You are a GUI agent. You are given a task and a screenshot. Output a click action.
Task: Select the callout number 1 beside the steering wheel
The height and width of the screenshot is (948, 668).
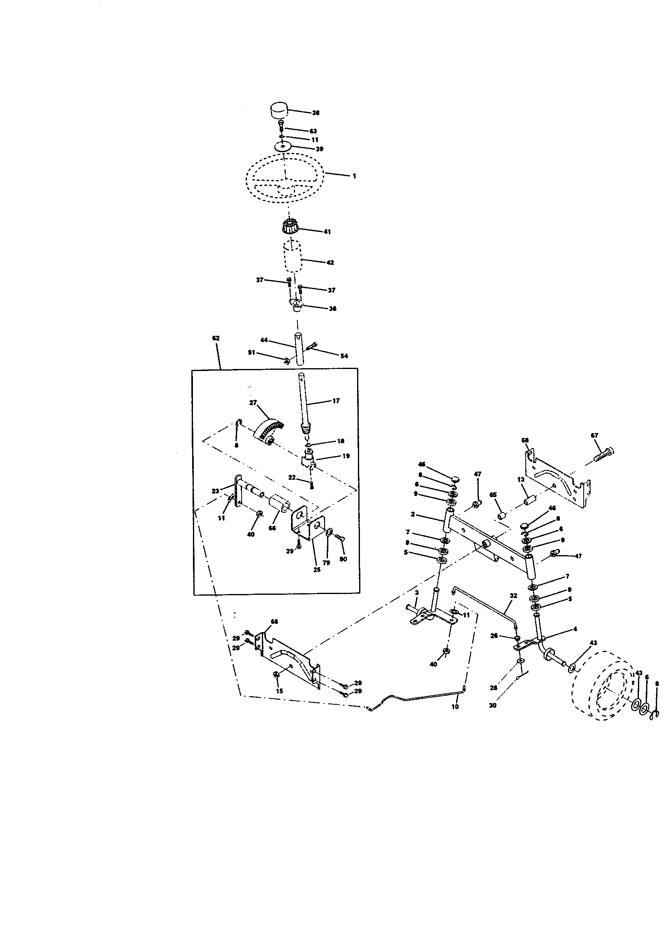coord(354,176)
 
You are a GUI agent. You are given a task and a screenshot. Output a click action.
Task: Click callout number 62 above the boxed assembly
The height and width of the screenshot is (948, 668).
coord(216,338)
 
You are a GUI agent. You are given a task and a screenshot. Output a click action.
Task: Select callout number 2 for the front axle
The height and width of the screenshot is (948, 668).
coord(413,515)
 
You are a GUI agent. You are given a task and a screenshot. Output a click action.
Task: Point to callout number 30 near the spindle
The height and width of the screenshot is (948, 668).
coord(492,706)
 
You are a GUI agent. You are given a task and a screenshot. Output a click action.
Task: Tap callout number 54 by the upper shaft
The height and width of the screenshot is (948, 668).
coord(344,356)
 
